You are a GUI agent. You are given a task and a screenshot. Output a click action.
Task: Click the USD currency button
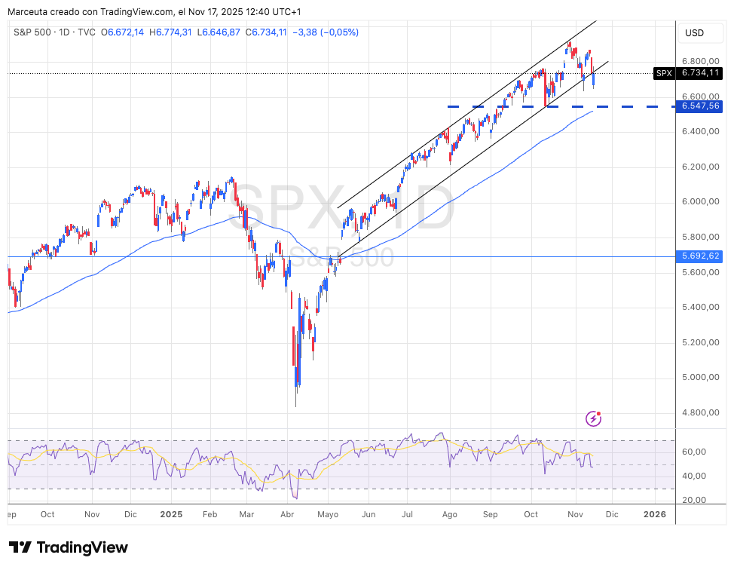[x=693, y=33]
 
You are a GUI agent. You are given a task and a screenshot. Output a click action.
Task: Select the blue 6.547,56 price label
[x=700, y=106]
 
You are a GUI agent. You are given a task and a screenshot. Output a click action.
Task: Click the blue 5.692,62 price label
[x=700, y=256]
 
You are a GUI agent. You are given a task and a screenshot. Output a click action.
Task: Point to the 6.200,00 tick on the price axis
[x=700, y=167]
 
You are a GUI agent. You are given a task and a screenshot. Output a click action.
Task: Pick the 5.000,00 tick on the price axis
[x=700, y=377]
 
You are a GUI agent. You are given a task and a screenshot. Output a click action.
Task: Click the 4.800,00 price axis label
[x=700, y=412]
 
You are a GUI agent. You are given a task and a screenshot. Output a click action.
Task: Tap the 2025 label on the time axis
[x=172, y=514]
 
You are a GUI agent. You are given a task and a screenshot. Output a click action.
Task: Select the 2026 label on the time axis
[x=654, y=514]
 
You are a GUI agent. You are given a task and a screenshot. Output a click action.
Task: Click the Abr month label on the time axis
[x=287, y=514]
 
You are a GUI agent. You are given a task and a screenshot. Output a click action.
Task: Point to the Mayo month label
[x=329, y=514]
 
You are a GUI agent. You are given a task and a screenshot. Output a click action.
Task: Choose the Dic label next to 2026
[x=611, y=514]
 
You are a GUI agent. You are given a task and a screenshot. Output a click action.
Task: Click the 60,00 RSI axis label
[x=694, y=452]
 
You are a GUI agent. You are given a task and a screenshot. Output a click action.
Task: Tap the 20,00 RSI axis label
[x=694, y=500]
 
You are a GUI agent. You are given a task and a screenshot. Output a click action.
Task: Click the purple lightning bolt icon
[x=594, y=418]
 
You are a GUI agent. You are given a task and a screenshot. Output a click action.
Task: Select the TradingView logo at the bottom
[x=69, y=547]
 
